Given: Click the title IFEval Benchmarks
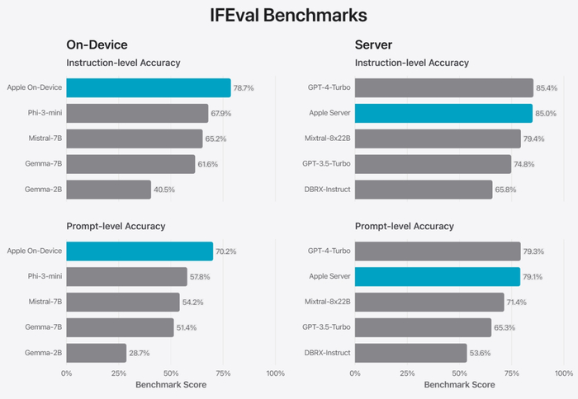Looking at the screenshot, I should [x=288, y=15].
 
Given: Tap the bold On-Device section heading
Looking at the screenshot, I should [x=97, y=45].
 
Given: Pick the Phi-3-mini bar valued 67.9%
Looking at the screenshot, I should [x=137, y=113].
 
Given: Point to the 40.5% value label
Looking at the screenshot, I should [x=165, y=190].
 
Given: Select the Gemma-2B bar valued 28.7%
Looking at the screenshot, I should [x=97, y=354].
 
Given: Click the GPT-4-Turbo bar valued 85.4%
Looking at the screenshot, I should [x=444, y=87].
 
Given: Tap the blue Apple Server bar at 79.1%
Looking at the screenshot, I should [x=438, y=276].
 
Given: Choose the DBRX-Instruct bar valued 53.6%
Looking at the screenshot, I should [x=411, y=354].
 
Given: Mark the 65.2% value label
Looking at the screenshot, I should [x=216, y=138].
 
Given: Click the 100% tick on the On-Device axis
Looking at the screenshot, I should [x=275, y=373].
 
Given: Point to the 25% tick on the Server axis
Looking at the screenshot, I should [x=407, y=373].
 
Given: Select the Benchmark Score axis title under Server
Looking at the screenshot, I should [x=459, y=385].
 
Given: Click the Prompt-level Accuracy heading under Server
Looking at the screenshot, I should [x=405, y=226].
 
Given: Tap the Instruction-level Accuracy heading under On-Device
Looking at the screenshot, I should [x=123, y=63].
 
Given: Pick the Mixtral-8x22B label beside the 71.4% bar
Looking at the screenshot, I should [x=327, y=302].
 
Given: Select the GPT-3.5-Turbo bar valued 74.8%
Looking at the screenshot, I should [x=433, y=164].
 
